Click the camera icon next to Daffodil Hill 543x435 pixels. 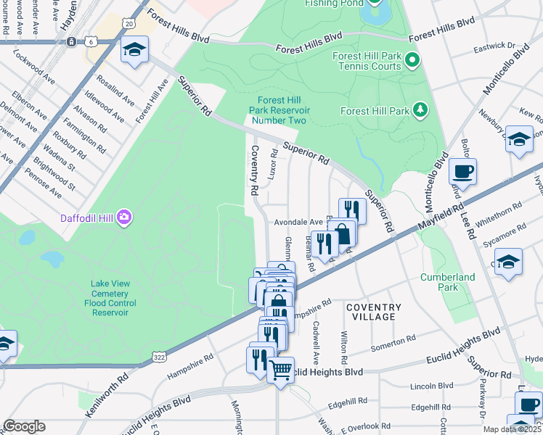[125, 216]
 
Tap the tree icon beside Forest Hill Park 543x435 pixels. [420, 110]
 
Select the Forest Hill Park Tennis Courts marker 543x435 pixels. [412, 59]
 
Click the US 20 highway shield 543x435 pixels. [128, 24]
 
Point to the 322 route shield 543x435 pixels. [160, 356]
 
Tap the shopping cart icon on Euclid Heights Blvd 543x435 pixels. [280, 370]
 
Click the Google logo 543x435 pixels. [24, 426]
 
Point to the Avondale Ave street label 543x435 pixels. [298, 222]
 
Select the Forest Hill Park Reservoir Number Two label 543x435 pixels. [279, 110]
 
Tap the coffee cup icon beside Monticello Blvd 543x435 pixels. [462, 172]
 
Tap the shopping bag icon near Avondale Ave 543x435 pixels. [343, 233]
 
